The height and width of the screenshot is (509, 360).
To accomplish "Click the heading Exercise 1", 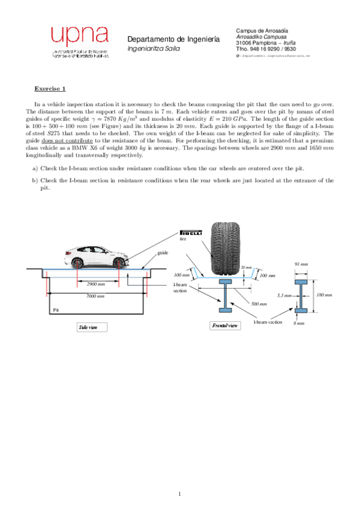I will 50,88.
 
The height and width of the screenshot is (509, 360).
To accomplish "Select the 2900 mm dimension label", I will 96,283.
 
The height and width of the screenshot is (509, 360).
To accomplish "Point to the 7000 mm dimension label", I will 95,296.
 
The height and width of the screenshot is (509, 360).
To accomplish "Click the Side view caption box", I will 92,327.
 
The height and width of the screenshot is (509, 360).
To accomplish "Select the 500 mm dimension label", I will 259,304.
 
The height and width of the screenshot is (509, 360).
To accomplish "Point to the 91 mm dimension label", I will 301,264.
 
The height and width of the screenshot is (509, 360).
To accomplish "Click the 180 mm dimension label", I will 324,295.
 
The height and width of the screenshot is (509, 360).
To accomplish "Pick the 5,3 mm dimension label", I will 284,295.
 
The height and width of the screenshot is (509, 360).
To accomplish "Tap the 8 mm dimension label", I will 298,323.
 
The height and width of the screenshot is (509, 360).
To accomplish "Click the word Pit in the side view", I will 56,310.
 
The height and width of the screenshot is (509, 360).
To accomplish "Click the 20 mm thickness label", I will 245,267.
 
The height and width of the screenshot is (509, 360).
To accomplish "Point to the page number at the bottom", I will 179,494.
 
